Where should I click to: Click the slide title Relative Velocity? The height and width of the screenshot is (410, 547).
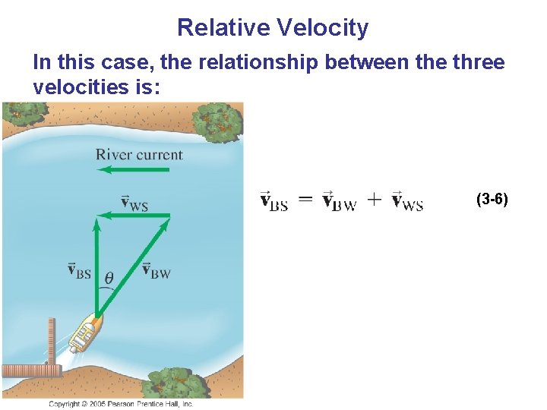273,28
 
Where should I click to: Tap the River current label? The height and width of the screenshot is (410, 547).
139,155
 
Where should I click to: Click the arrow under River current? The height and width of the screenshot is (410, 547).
133,170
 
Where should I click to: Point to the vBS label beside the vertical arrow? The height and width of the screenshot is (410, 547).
79,270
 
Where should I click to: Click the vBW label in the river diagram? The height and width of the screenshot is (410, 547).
157,270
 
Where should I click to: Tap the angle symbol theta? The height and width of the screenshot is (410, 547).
109,278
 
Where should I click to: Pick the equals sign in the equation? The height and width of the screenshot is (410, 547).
303,200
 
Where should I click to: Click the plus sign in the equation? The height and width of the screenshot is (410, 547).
375,201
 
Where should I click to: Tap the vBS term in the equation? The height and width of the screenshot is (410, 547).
273,201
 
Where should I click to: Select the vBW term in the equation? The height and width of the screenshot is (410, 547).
338,201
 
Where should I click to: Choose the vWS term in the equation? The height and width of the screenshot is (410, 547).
407,201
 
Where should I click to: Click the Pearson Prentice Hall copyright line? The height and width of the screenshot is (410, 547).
122,404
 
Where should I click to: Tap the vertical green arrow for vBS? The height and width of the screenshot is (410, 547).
96,266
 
